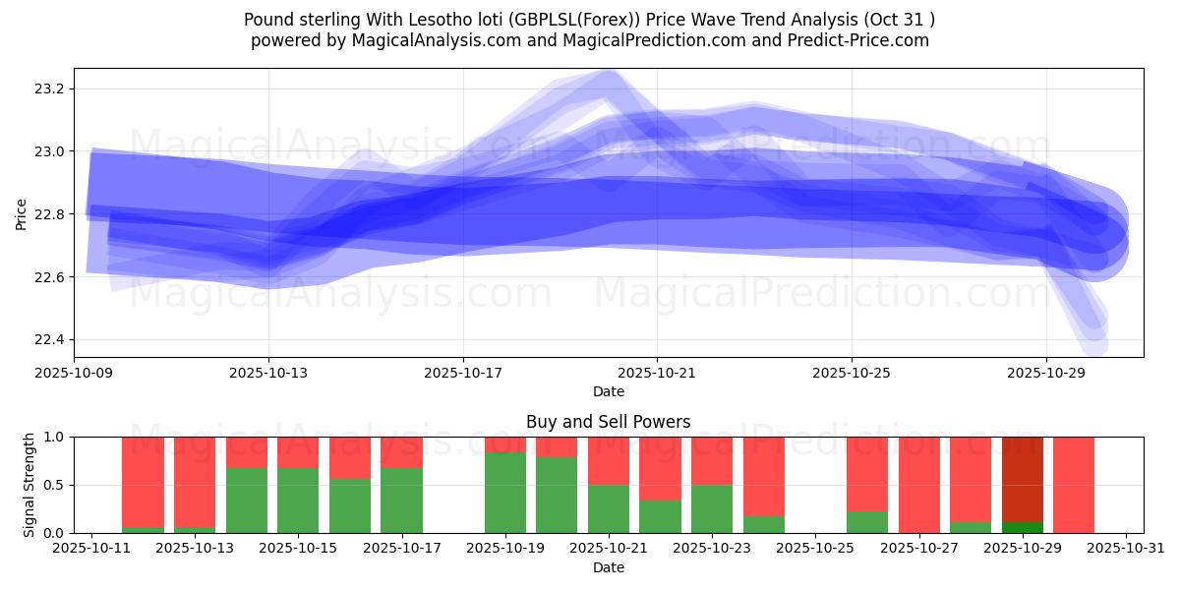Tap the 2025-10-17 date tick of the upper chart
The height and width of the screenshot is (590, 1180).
[463, 374]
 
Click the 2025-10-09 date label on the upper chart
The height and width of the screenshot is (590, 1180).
[75, 374]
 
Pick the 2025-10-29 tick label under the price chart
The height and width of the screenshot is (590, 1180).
[1045, 374]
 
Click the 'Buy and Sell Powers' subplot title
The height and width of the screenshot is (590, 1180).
[608, 422]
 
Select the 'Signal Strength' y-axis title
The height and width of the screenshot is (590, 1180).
[29, 485]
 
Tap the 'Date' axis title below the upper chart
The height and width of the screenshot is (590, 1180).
[608, 391]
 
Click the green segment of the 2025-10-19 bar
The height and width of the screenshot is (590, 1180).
[504, 493]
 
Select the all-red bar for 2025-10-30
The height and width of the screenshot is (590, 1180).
[1073, 485]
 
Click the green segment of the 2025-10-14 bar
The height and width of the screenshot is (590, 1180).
[247, 501]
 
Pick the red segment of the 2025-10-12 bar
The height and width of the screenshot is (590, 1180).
[143, 481]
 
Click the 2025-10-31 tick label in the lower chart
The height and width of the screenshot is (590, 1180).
[1125, 549]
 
